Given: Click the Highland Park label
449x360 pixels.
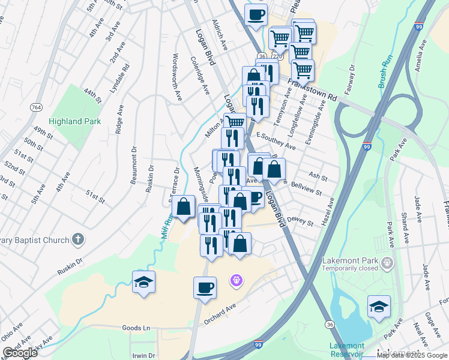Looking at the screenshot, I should coord(73,121).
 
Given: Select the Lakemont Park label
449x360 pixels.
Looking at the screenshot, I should coord(350,261).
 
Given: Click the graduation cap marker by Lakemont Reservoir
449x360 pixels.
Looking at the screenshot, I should coord(379,307).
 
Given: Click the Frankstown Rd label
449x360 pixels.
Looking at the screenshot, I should coord(312,89).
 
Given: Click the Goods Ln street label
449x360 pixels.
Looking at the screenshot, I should coord(136,328).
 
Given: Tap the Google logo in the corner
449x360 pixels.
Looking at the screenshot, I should coord(20,353).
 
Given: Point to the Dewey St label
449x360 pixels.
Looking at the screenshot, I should coord(301,221).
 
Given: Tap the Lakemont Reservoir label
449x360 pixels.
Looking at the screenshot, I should coord(346,349).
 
